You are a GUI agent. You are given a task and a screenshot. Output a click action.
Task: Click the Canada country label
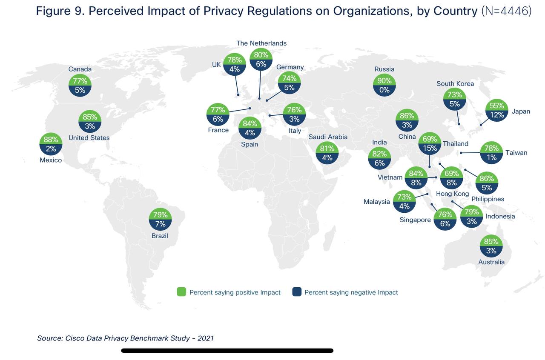coord(80,69)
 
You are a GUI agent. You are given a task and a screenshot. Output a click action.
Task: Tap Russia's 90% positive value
coord(384,81)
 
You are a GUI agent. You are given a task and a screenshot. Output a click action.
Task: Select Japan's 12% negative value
coord(497,115)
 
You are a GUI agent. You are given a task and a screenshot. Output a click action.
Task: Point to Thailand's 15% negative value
coord(430,148)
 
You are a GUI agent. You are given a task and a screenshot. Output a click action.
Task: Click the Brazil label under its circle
coord(160,236)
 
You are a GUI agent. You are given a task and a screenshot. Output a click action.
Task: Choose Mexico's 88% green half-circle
coord(51,140)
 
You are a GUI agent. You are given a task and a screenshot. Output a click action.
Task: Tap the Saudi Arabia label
coord(328,137)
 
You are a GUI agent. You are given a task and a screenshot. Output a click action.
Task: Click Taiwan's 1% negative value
coord(492,157)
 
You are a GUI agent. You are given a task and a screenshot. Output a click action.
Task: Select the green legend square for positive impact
coord(181,292)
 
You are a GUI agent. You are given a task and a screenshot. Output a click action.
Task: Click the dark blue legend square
coord(297,292)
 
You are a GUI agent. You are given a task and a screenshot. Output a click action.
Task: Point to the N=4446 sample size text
coord(506,11)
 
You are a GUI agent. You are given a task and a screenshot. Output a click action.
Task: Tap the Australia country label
coord(491,262)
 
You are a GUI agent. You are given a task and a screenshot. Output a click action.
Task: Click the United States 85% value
coord(90,117)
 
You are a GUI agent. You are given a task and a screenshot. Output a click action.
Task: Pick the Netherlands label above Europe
coord(261,43)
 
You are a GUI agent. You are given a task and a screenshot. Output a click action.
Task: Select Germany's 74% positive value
coord(289,78)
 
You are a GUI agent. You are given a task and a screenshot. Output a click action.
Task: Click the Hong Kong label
coord(452,194)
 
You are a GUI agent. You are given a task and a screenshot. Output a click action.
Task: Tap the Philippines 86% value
coord(487,179)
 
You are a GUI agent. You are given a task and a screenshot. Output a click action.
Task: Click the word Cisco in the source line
coord(75,338)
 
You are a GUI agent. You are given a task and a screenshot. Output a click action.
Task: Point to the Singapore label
coord(415,220)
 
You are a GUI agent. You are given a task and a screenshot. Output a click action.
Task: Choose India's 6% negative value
coord(379,163)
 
